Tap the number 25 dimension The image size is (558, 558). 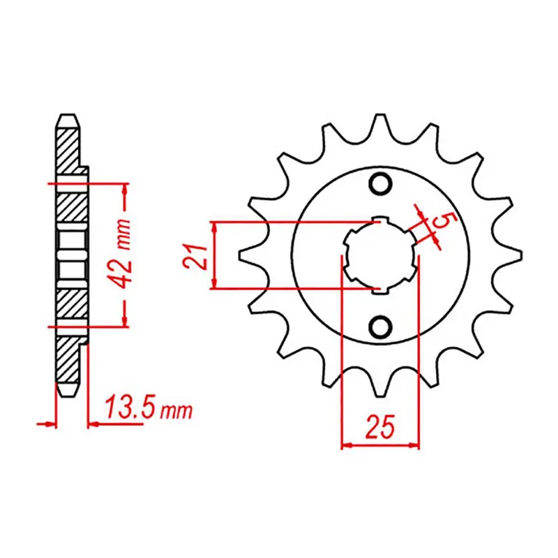coord(380,425)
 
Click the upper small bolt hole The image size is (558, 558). coord(381,184)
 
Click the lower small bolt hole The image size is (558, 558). coord(381,326)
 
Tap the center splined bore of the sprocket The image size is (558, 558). coord(381,255)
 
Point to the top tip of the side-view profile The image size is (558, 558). coord(68,117)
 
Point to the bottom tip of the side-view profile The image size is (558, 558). coord(68,393)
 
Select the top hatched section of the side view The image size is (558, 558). coord(68,150)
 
